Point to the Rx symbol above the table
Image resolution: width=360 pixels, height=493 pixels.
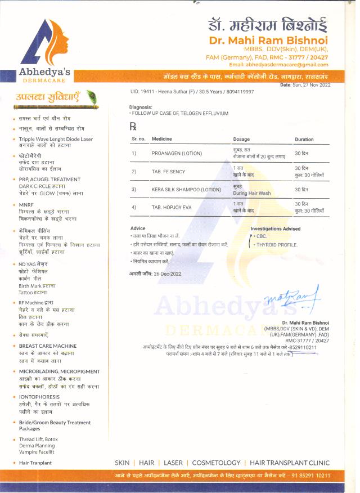[133, 127]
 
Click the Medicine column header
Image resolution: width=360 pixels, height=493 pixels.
[162, 139]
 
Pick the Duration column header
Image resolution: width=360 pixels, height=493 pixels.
[304, 139]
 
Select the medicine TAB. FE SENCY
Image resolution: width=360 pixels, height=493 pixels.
[168, 171]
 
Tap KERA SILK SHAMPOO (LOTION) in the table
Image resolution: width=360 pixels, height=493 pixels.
[186, 190]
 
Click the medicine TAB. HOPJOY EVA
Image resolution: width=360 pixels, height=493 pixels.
[172, 208]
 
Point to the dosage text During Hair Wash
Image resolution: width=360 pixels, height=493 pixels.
[251, 193]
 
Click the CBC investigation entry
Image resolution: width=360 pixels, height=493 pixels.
[262, 236]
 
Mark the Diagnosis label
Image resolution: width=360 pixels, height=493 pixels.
[141, 107]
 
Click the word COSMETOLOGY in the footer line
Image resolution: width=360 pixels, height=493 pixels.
[216, 463]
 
